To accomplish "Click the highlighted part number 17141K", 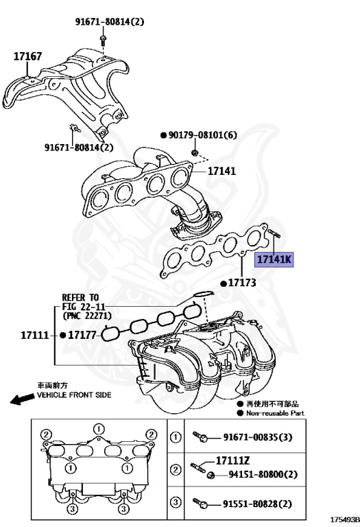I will (x=274, y=259).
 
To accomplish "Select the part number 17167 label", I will (x=28, y=56).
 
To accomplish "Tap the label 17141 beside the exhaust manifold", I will (x=221, y=172).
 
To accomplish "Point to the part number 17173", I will (x=241, y=283).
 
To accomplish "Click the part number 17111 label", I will (x=34, y=335).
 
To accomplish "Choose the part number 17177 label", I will (x=83, y=335).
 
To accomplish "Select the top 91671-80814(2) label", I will (x=110, y=22).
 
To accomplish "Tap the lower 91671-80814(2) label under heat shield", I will (x=79, y=147).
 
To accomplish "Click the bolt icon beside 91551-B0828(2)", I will (x=203, y=503).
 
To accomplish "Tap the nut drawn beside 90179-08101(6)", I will (x=195, y=151).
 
